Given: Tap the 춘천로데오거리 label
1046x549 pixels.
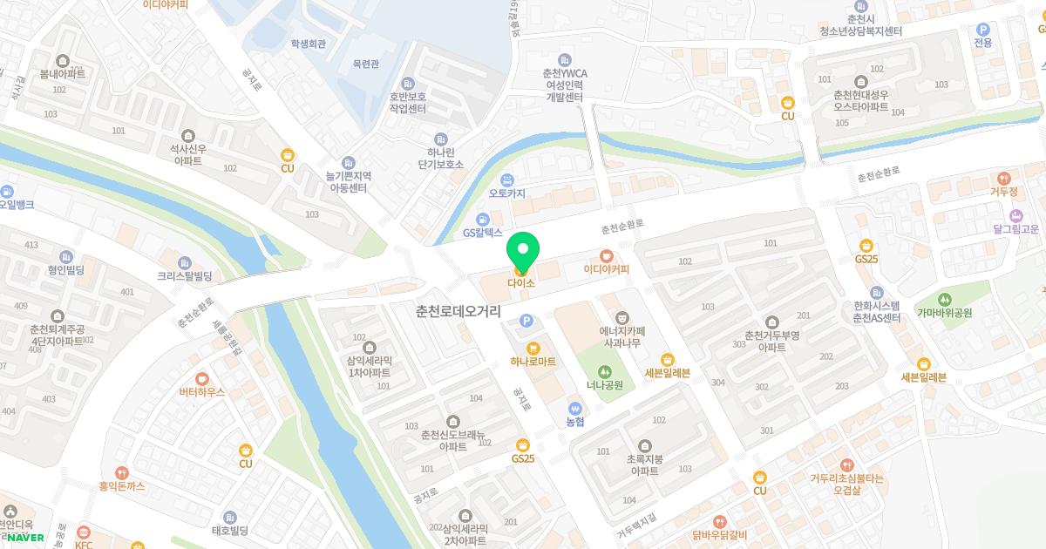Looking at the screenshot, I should (x=458, y=310).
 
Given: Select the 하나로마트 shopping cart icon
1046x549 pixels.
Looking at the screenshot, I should (x=533, y=348).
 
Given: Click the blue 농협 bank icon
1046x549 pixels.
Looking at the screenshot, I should (x=574, y=408).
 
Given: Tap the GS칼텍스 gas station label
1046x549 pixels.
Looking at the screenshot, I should (x=482, y=233).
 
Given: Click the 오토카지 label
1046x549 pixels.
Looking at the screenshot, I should (x=507, y=193).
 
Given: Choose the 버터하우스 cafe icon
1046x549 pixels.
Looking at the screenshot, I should (x=202, y=378).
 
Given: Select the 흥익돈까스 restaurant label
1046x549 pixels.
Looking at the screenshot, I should (x=121, y=486).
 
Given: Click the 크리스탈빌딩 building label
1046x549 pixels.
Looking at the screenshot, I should (x=185, y=276).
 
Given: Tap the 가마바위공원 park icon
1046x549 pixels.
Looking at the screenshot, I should (x=944, y=300).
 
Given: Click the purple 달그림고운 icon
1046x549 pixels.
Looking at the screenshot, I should (x=1015, y=215).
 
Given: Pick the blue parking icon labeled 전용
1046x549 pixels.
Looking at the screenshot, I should (x=983, y=29).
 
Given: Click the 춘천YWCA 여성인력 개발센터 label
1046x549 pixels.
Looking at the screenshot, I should (x=564, y=85).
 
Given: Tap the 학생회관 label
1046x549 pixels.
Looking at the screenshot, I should (x=309, y=43).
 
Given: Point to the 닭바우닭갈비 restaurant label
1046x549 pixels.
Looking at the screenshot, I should (x=719, y=534).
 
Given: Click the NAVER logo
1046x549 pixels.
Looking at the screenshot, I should (x=25, y=538).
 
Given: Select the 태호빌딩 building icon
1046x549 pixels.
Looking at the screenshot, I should (x=230, y=518).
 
